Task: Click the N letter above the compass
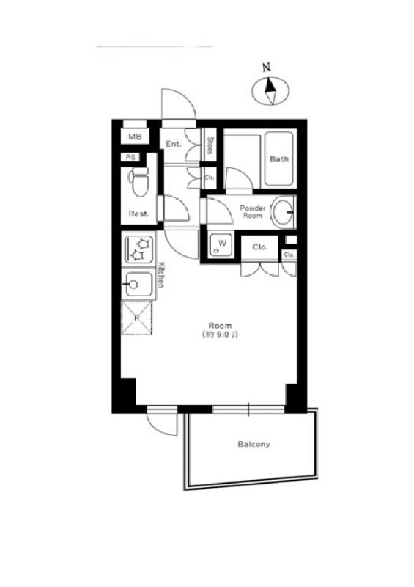pos(266,68)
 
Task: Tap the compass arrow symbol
pos(270,91)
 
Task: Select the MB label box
pos(135,136)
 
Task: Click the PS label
pos(130,158)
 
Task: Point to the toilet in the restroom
pos(138,181)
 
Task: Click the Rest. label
pos(138,214)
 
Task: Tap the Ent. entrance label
pos(173,144)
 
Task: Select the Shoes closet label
pos(210,145)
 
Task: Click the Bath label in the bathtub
pos(279,159)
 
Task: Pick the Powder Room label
pos(253,212)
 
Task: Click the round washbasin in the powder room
pos(283,212)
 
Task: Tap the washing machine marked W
pos(221,245)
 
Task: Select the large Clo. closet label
pos(260,247)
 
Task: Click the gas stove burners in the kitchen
pos(138,249)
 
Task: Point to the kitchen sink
pos(138,284)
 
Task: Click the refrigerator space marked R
pos(137,318)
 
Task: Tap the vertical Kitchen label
pos(161,274)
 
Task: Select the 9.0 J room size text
pos(220,335)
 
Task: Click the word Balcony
pos(254,445)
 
